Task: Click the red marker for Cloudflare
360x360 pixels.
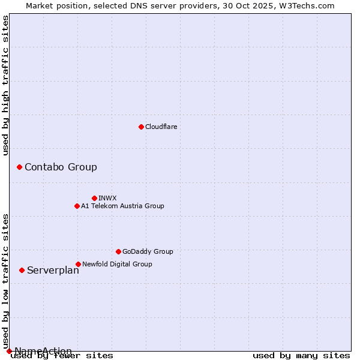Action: [x=141, y=127]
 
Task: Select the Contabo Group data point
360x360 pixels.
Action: [x=19, y=167]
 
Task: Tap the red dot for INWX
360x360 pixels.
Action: [x=94, y=198]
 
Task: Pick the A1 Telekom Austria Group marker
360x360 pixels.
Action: [x=77, y=206]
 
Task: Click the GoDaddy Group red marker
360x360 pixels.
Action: [x=118, y=251]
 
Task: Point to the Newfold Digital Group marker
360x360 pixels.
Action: [x=78, y=264]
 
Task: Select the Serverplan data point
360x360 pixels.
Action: [x=22, y=270]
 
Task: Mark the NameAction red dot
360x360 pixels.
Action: [x=9, y=351]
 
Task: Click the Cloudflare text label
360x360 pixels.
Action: [x=161, y=127]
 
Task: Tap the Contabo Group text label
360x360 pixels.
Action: [x=61, y=167]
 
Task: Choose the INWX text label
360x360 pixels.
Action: [x=107, y=198]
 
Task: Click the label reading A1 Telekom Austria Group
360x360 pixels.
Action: [x=122, y=206]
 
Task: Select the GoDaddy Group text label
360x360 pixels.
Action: [x=148, y=251]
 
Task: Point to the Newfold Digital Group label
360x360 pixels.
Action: [x=117, y=264]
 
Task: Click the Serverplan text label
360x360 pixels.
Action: [x=53, y=270]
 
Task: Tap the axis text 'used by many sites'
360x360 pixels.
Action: [x=301, y=355]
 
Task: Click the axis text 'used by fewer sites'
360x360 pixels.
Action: [x=62, y=355]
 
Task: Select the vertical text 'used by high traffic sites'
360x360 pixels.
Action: [x=5, y=85]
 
